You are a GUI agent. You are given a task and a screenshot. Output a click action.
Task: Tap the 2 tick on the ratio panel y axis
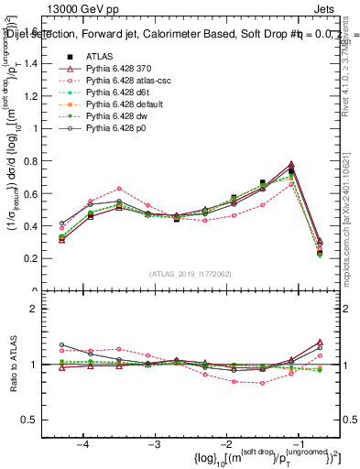click(41, 309)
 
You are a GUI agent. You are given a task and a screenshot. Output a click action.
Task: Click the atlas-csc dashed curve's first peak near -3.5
click(119, 188)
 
